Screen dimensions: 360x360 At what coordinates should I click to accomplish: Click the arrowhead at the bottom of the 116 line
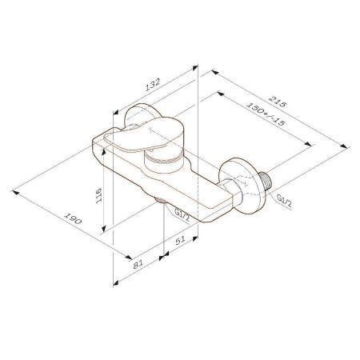click(105, 232)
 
